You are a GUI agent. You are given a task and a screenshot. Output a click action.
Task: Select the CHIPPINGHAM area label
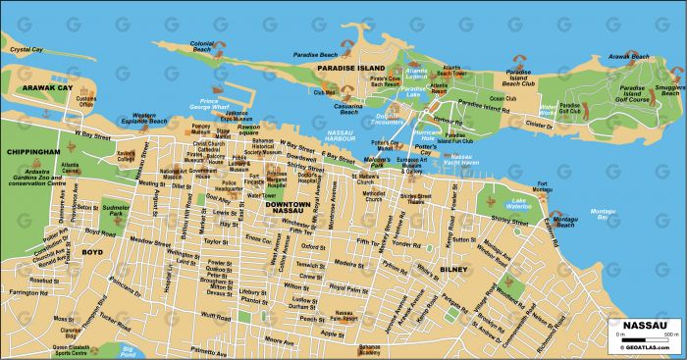click(32, 152)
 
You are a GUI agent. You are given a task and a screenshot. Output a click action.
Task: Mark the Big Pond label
click(127, 349)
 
